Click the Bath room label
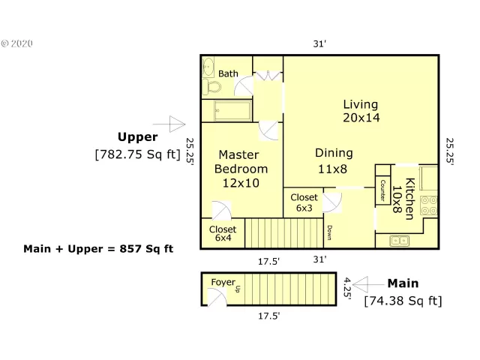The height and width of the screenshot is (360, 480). pyautogui.click(x=228, y=73)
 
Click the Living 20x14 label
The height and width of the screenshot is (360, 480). pyautogui.click(x=361, y=111)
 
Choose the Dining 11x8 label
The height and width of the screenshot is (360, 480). pyautogui.click(x=333, y=160)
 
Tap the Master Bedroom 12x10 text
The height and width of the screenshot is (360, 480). pyautogui.click(x=238, y=168)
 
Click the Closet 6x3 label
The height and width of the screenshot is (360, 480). pyautogui.click(x=304, y=202)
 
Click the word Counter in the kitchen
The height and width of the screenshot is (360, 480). pyautogui.click(x=382, y=191)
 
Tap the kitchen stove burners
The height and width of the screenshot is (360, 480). pyautogui.click(x=430, y=205)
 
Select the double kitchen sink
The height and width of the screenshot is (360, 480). pyautogui.click(x=399, y=241)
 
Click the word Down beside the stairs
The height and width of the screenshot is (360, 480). pyautogui.click(x=328, y=232)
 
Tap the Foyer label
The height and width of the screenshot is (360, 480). pyautogui.click(x=223, y=282)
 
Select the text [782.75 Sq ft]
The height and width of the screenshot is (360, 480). pyautogui.click(x=138, y=154)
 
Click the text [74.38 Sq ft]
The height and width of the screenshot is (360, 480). pyautogui.click(x=403, y=301)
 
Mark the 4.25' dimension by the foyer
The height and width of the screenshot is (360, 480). pyautogui.click(x=347, y=288)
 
